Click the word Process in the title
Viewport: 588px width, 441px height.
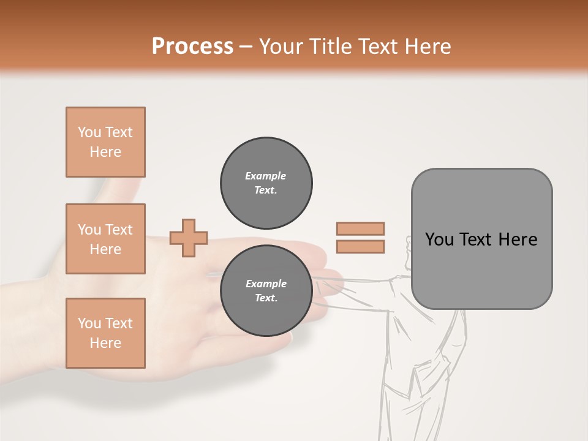(x=192, y=47)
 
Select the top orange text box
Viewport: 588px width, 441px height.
(x=105, y=142)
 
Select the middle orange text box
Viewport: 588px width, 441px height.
(x=105, y=239)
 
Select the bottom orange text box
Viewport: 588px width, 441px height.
(x=105, y=333)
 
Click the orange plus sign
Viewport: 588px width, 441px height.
(x=189, y=238)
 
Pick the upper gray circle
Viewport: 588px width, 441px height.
(x=266, y=183)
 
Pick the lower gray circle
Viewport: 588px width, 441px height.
(x=266, y=290)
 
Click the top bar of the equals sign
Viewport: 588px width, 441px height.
(x=360, y=228)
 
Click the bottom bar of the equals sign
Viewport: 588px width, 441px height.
(x=360, y=247)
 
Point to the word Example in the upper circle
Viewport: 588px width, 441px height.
(x=266, y=176)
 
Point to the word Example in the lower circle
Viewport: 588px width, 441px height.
(x=266, y=284)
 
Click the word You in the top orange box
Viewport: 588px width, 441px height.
(x=89, y=132)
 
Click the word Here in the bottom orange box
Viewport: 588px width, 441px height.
(x=105, y=343)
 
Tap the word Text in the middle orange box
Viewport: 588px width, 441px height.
(x=119, y=230)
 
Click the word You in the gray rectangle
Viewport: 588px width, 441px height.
(x=440, y=239)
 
